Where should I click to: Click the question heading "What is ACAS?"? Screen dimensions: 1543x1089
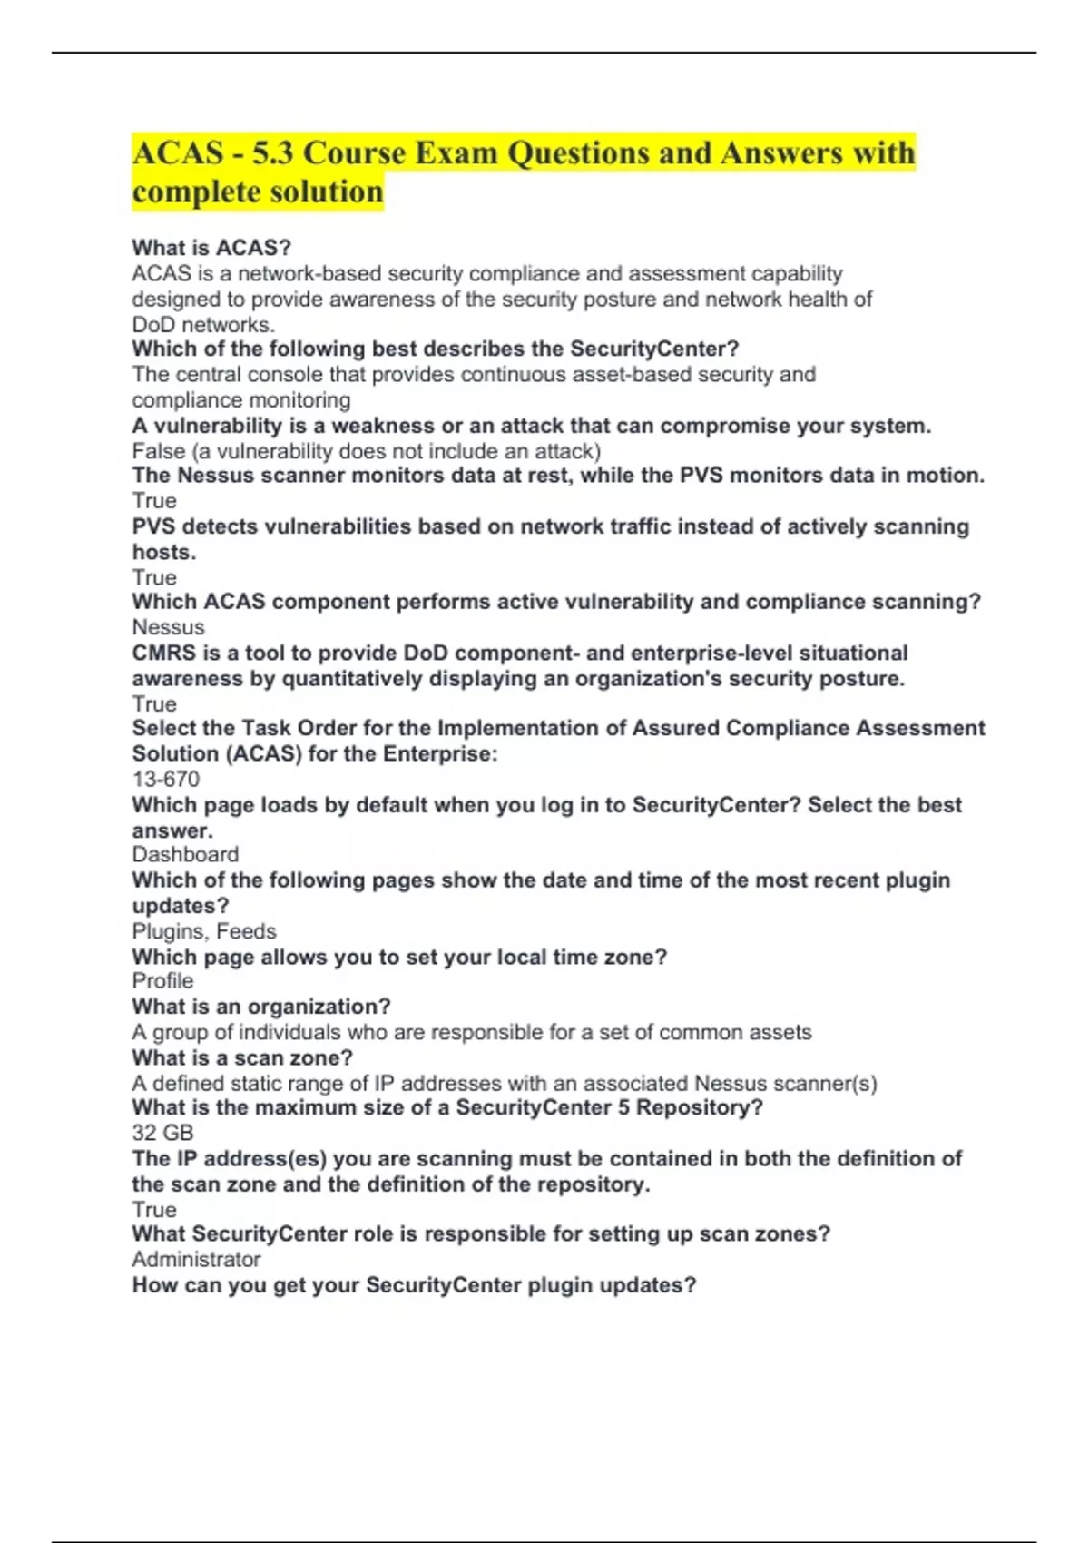211,248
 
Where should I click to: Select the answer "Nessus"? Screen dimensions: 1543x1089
168,627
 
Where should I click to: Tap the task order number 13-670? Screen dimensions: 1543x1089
165,779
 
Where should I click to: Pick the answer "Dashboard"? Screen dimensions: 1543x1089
185,854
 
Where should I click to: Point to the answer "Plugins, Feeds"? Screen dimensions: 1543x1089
204,931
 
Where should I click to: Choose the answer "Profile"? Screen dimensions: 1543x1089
162,981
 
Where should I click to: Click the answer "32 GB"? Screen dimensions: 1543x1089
162,1133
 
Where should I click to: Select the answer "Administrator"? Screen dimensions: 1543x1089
196,1259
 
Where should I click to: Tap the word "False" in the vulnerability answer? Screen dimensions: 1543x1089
159,451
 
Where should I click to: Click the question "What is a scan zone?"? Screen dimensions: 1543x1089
242,1057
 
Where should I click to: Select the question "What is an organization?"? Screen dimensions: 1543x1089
261,1007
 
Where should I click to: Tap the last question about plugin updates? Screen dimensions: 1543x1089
414,1285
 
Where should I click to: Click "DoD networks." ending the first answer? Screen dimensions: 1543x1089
203,325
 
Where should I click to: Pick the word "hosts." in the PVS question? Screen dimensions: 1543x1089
163,552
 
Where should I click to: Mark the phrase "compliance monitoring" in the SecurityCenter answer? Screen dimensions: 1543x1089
240,400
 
